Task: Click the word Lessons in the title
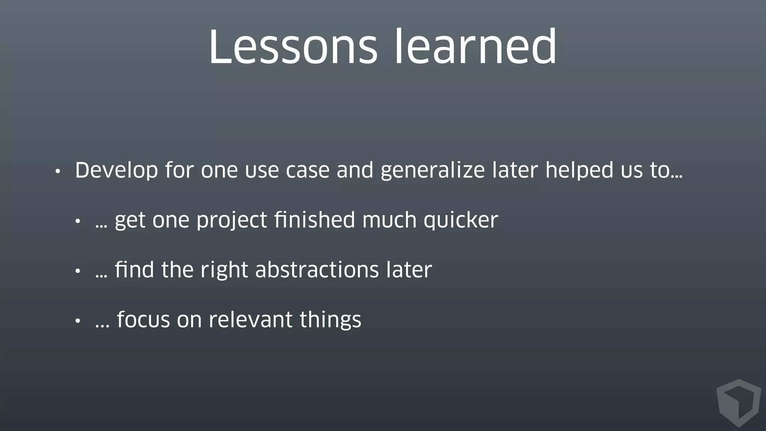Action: click(x=293, y=48)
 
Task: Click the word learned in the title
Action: click(x=476, y=48)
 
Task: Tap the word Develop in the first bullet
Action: click(x=116, y=171)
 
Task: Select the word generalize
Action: click(x=432, y=171)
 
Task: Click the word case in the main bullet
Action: click(x=307, y=171)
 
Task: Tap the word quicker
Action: click(x=460, y=220)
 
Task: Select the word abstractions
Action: click(x=317, y=270)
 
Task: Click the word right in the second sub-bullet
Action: click(x=224, y=270)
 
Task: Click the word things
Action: click(x=330, y=321)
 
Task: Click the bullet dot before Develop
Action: click(x=57, y=172)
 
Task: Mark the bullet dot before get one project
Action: click(x=77, y=221)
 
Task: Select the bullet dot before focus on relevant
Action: click(x=77, y=321)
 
